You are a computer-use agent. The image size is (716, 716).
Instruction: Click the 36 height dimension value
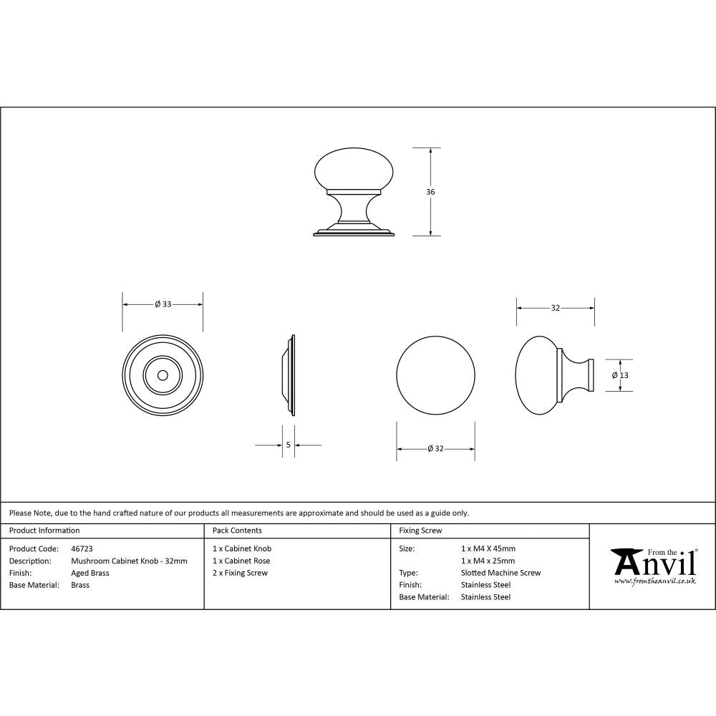tap(430, 192)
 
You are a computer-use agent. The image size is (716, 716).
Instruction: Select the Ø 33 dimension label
tap(163, 304)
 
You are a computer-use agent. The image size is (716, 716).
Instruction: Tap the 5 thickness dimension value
tap(288, 445)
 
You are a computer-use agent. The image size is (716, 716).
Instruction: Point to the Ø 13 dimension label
tap(620, 375)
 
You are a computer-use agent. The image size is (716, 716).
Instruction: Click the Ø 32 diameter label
tap(435, 449)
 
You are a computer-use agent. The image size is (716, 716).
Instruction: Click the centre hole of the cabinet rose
tap(163, 374)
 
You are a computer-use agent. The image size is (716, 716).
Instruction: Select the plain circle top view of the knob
tap(435, 374)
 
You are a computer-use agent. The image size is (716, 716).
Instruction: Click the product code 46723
tap(82, 548)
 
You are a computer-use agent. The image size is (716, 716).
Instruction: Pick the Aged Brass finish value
tap(90, 573)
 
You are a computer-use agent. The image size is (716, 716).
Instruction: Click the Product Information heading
tap(44, 531)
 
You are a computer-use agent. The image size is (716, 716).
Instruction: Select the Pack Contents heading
tap(237, 531)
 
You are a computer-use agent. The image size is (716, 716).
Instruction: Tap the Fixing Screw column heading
tap(420, 531)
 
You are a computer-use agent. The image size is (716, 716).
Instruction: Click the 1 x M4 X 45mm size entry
tap(488, 548)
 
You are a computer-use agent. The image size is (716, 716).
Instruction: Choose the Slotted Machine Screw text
tap(500, 573)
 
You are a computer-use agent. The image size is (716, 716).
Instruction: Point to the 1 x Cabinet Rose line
tap(241, 561)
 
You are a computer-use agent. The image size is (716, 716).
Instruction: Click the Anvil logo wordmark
tap(653, 563)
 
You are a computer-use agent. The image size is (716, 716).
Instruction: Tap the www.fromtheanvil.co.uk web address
tap(654, 581)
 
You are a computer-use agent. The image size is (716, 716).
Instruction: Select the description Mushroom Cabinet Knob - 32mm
tap(129, 561)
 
